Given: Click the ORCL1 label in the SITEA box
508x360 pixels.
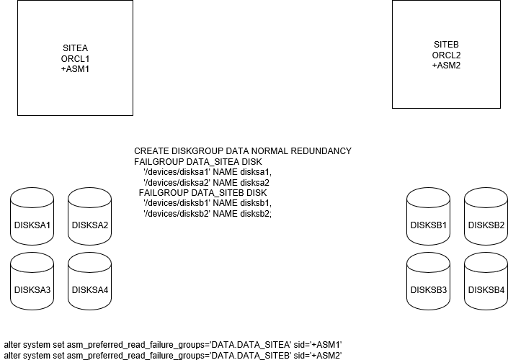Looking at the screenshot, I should pos(76,59).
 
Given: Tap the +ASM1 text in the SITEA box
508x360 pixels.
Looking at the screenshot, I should pos(76,69).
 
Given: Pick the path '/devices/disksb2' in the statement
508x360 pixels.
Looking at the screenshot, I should pos(177,214).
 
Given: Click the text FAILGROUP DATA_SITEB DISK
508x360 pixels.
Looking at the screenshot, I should pos(202,193).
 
